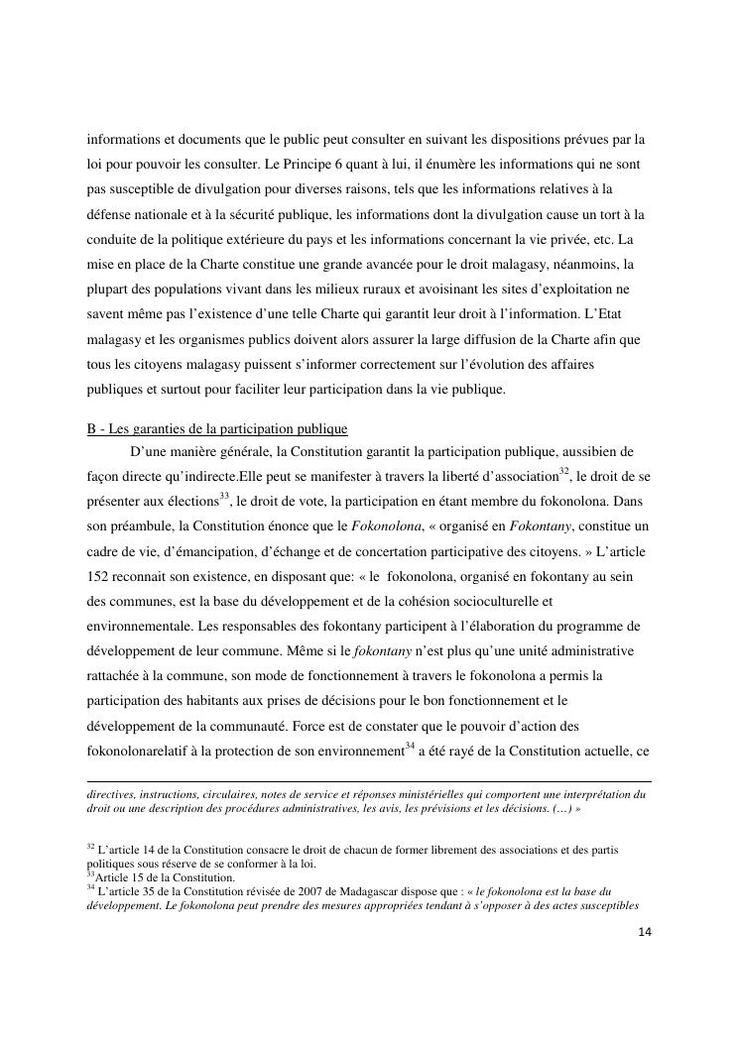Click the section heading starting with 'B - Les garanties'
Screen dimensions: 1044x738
217,429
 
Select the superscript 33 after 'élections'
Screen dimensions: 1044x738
223,495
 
